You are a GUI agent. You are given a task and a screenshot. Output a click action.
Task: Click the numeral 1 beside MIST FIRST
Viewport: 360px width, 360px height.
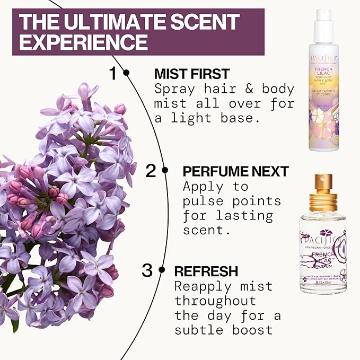point(112,73)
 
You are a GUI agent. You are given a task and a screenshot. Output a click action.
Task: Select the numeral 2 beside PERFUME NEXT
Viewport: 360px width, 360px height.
point(152,171)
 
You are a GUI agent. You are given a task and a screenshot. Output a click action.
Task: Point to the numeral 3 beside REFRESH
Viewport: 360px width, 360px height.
point(147,271)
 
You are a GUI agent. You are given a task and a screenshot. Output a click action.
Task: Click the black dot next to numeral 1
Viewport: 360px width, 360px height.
point(126,73)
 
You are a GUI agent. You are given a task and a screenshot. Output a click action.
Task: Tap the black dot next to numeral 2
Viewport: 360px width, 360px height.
point(165,171)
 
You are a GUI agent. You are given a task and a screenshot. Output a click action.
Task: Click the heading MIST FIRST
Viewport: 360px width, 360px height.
point(191,74)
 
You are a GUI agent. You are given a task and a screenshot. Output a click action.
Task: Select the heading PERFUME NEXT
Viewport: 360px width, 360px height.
point(235,171)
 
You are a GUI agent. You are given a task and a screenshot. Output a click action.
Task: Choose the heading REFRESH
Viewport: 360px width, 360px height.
point(207,271)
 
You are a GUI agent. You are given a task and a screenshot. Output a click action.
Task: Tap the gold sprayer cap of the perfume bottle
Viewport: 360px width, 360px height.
point(323,197)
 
